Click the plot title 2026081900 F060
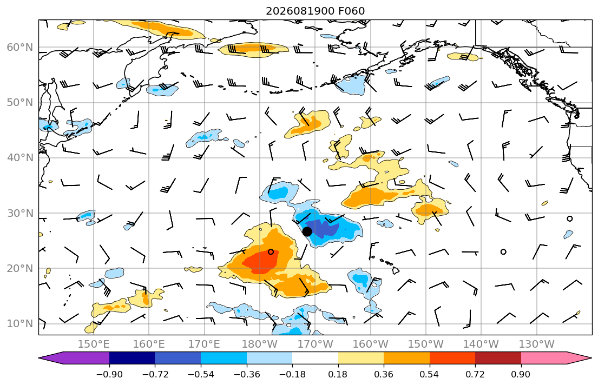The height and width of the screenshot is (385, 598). click(x=315, y=11)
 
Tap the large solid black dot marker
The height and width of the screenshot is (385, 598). click(x=307, y=231)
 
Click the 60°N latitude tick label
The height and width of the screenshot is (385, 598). click(x=20, y=47)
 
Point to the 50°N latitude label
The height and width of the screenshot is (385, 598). click(x=20, y=103)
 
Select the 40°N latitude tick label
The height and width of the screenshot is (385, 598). click(x=20, y=158)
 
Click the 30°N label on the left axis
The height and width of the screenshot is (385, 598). click(x=20, y=213)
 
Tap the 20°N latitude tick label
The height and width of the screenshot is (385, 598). click(x=20, y=268)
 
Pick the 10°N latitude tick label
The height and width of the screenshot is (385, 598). click(x=20, y=324)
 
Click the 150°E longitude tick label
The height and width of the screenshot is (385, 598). click(x=94, y=344)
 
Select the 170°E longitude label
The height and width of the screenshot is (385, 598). click(x=205, y=344)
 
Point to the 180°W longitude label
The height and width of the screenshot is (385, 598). click(x=260, y=344)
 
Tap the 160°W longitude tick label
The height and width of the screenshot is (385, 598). click(x=370, y=344)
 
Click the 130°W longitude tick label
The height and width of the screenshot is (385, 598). click(x=537, y=344)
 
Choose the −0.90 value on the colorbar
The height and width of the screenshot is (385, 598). click(x=109, y=374)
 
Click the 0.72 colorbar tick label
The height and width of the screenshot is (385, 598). click(x=475, y=374)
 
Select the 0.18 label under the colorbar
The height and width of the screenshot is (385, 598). click(x=338, y=374)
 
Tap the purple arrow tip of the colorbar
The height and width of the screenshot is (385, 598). click(x=40, y=358)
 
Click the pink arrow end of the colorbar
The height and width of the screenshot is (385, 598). click(x=592, y=358)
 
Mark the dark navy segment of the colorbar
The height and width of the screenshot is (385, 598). click(x=132, y=358)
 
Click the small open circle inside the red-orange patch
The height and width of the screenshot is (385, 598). click(x=271, y=251)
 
